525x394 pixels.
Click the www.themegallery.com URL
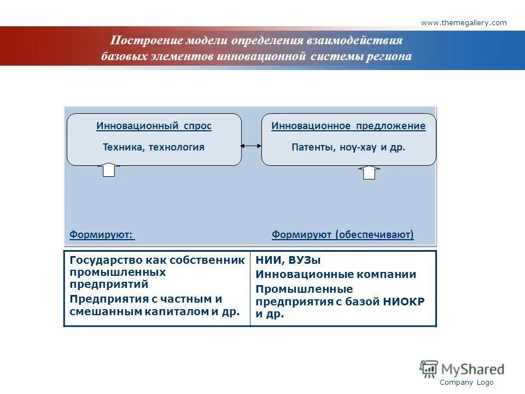(464, 22)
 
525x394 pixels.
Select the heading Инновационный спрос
(154, 126)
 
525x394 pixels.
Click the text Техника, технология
(154, 147)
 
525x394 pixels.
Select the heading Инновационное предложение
(348, 126)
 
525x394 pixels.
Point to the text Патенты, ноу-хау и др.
(348, 147)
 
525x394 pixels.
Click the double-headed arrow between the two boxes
(252, 146)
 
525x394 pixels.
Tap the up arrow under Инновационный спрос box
(109, 170)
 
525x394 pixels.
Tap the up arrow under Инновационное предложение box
(369, 172)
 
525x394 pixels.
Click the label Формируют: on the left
(101, 235)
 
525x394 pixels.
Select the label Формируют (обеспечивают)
(342, 235)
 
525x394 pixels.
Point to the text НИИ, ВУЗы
(288, 260)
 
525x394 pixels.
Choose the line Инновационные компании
(336, 275)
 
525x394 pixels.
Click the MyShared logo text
(472, 368)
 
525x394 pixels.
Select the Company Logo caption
(466, 383)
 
